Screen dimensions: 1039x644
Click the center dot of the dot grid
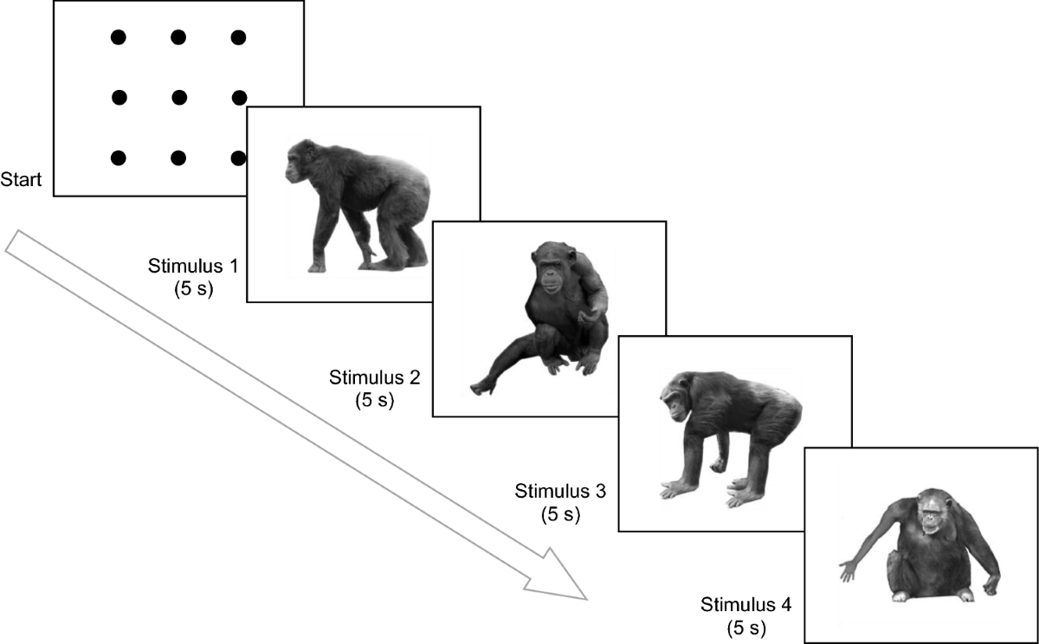[179, 96]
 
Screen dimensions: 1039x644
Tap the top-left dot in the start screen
[119, 37]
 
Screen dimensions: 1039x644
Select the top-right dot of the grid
[238, 37]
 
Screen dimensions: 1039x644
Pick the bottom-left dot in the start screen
[119, 158]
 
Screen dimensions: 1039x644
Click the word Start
[23, 180]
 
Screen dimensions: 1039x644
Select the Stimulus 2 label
[374, 378]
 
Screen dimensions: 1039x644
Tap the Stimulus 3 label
[559, 493]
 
